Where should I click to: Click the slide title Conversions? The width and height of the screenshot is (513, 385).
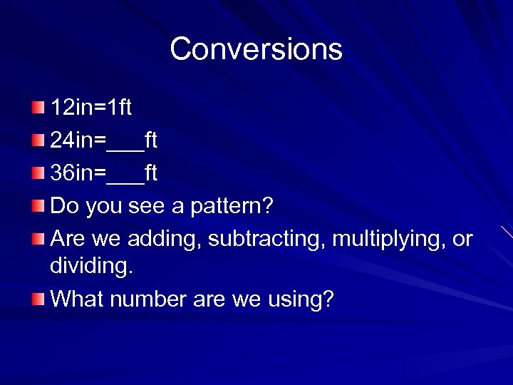coord(256,49)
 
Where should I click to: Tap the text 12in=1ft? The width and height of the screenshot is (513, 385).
coord(91,108)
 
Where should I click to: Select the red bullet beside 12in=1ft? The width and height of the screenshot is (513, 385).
coord(38,108)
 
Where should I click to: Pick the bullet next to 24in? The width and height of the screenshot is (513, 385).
coord(38,141)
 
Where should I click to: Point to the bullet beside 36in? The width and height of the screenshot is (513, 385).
coord(38,173)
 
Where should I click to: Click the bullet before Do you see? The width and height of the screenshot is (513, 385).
coord(38,207)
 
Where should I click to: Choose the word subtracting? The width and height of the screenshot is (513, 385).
coord(269,240)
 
